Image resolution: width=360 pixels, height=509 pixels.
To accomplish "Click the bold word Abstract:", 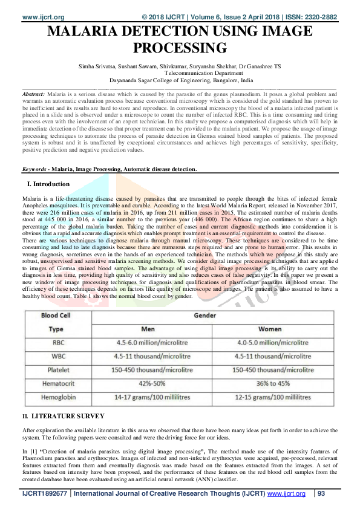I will [33, 96].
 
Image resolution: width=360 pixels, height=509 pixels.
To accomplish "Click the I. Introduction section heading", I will [49, 184].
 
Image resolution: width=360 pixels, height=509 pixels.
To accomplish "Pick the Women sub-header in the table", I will [270, 329].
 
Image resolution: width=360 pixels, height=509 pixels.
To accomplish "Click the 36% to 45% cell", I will [270, 383].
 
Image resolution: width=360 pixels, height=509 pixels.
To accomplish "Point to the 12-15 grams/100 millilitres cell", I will [270, 397].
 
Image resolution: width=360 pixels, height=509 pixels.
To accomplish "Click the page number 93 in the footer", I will [321, 494].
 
